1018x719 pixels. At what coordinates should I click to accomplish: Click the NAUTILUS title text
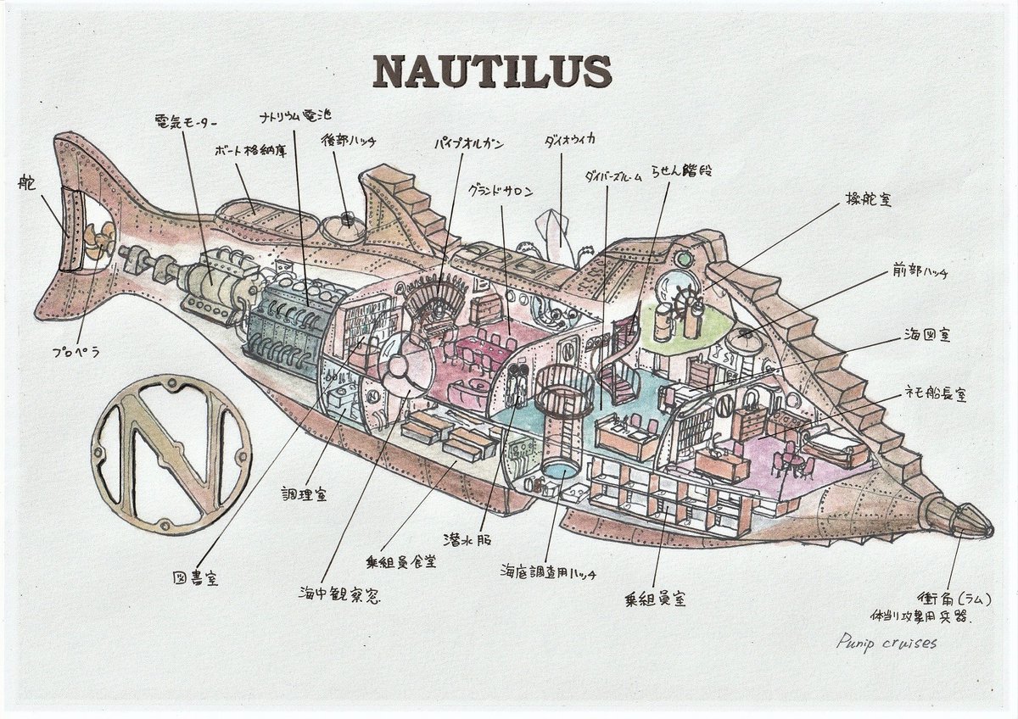pos(492,73)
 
